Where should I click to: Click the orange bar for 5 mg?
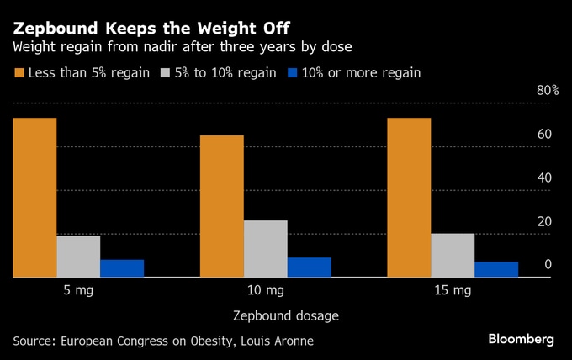point(34,197)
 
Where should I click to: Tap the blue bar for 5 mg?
point(122,267)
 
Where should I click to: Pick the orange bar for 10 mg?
point(221,206)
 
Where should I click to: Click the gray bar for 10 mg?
point(265,248)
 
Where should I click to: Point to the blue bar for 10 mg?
point(309,267)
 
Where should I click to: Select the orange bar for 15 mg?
point(409,197)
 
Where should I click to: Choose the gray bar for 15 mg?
point(453,255)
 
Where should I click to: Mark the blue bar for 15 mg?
point(496,269)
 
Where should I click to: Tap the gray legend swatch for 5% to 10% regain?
point(165,73)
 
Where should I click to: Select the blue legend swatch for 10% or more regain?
point(294,73)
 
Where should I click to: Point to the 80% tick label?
point(548,91)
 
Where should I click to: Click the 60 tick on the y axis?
point(544,135)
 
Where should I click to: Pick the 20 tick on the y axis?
point(544,221)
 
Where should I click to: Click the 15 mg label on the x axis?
point(453,292)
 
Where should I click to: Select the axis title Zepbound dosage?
point(285,316)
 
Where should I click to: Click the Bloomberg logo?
point(522,339)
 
